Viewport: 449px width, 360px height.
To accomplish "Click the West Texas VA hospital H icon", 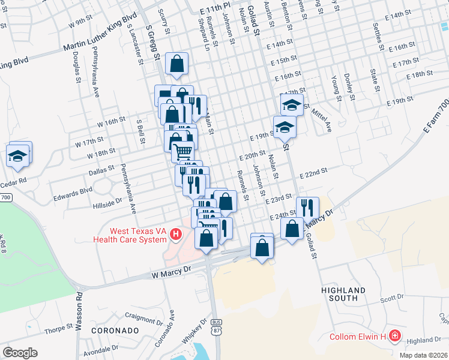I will (176, 234).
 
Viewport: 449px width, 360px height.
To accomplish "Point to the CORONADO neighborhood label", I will (111, 331).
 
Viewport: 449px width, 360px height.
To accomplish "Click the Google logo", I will (20, 353).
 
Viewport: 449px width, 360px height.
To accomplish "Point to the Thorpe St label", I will (58, 329).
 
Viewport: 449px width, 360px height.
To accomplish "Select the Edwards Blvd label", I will (74, 190).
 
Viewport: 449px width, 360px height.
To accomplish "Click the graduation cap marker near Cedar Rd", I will (19, 155).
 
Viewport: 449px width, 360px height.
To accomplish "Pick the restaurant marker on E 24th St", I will (307, 208).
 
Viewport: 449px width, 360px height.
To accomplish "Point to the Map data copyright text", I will (424, 355).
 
